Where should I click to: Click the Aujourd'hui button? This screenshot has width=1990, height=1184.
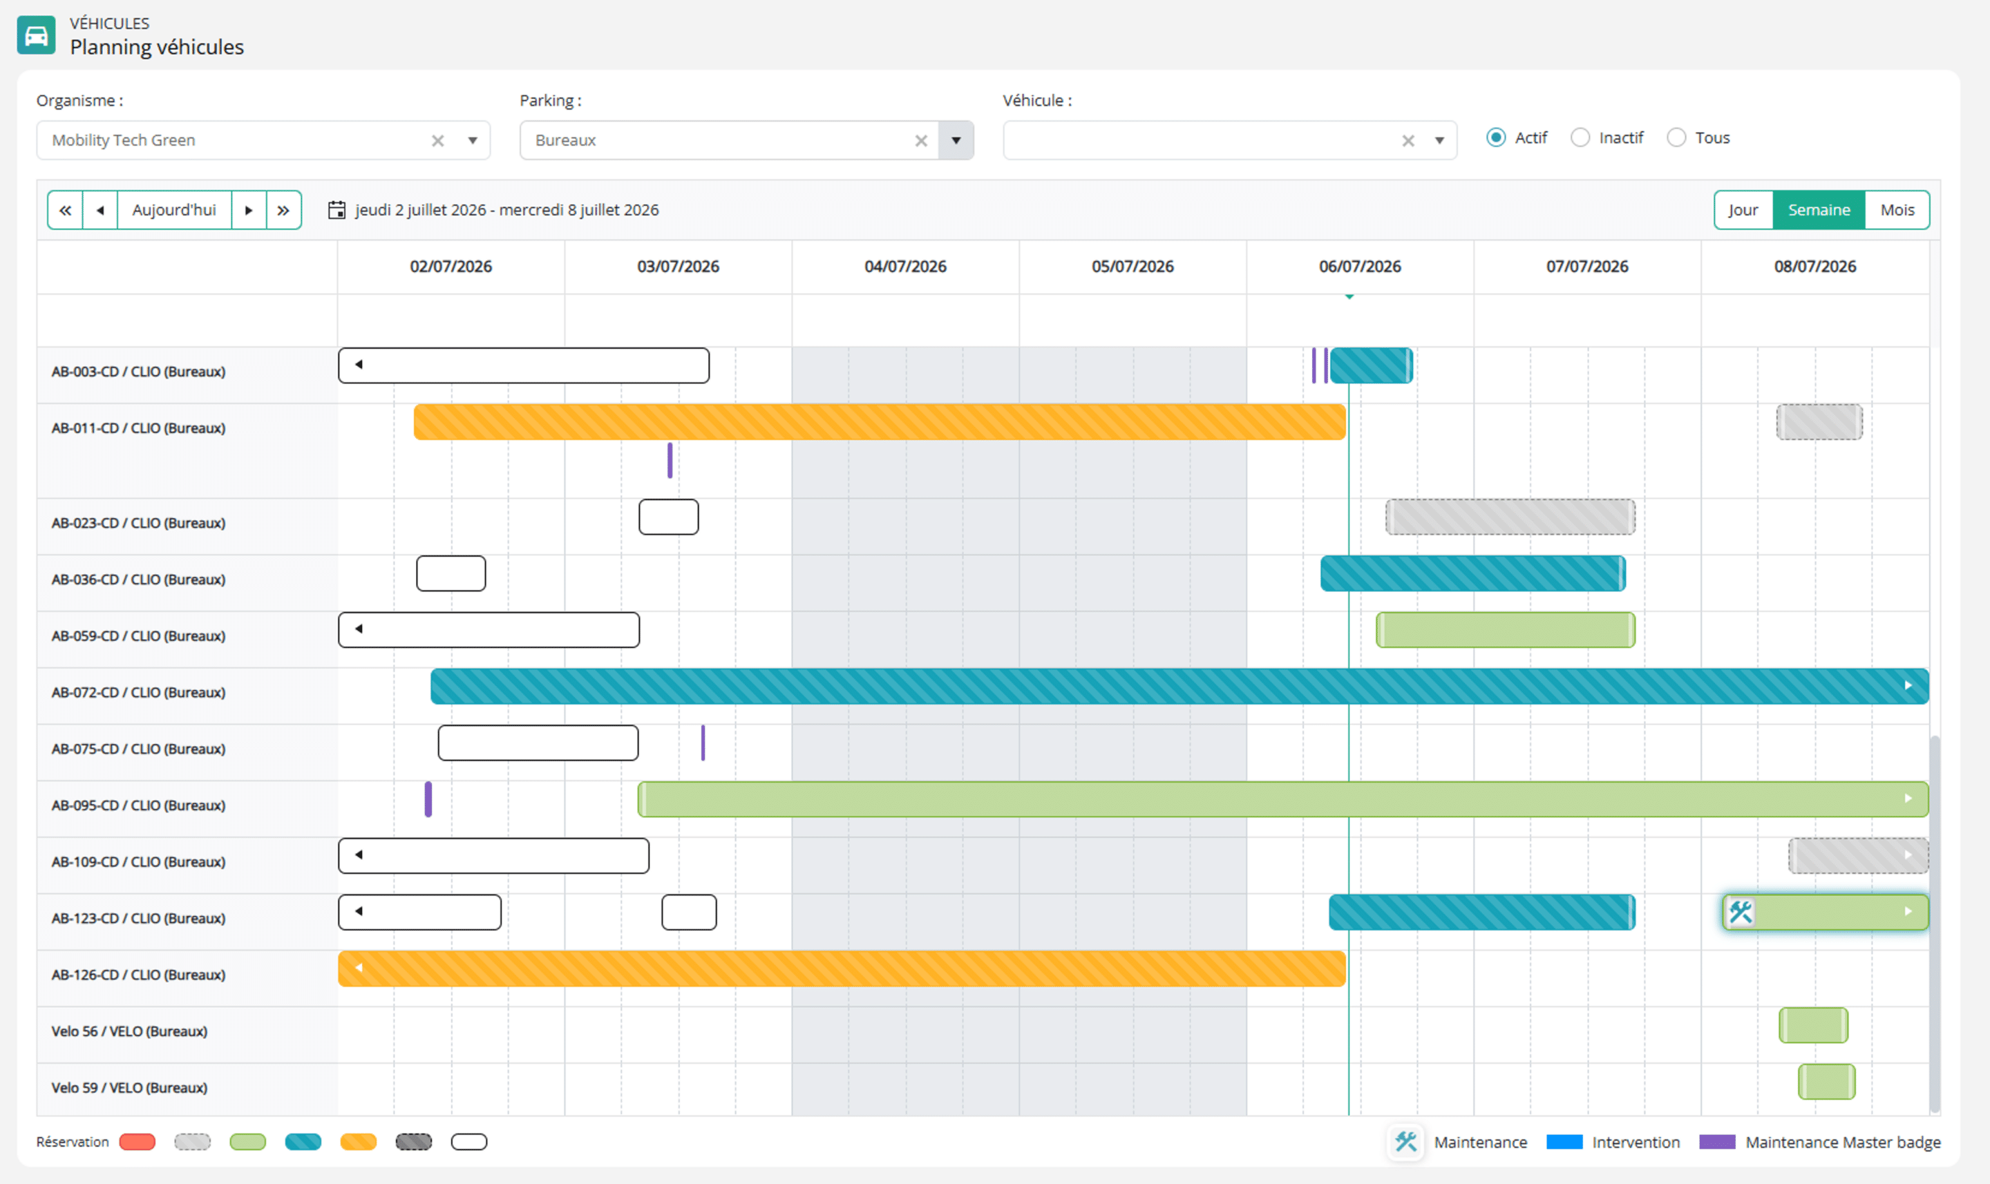174,210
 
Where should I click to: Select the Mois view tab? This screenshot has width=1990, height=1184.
1897,210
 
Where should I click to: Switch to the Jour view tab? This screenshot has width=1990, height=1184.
1743,210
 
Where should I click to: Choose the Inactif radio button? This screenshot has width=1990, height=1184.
1580,138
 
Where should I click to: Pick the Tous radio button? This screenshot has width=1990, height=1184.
1676,138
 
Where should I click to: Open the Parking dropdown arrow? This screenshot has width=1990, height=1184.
956,140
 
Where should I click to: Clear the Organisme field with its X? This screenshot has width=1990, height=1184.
437,141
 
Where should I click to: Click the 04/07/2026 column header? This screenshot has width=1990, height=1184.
906,267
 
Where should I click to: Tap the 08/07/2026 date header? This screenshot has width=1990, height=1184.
1815,267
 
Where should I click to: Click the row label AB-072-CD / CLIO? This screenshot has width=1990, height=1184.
138,693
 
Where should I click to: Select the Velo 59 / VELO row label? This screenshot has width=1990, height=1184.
129,1088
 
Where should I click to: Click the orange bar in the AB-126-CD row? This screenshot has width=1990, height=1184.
842,968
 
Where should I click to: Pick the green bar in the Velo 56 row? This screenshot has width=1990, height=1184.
1813,1025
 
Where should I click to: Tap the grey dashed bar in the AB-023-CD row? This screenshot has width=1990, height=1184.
1510,517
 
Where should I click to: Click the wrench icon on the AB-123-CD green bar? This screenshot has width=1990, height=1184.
1741,912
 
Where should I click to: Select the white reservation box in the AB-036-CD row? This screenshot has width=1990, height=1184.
451,573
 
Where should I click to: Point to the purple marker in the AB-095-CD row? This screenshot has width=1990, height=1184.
428,799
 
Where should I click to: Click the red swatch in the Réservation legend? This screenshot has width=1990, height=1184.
138,1142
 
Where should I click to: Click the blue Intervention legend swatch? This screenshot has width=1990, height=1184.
1564,1142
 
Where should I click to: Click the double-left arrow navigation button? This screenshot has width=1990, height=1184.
66,210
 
